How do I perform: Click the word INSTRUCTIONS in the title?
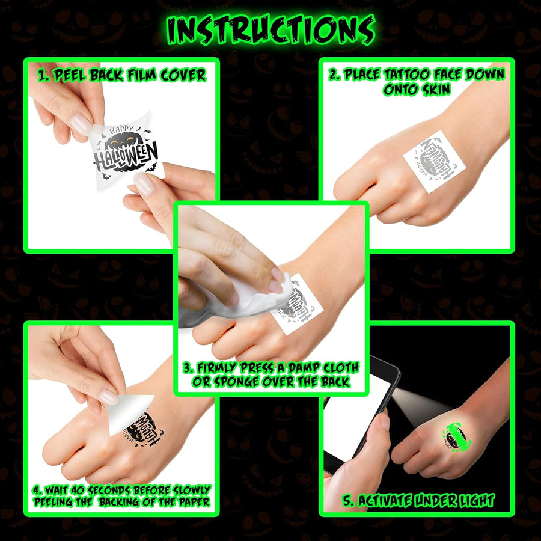point(271,30)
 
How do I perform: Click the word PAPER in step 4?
point(192,502)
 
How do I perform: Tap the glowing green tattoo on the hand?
point(457,436)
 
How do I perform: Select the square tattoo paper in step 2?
point(435,161)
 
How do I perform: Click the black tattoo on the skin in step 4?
point(143,429)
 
